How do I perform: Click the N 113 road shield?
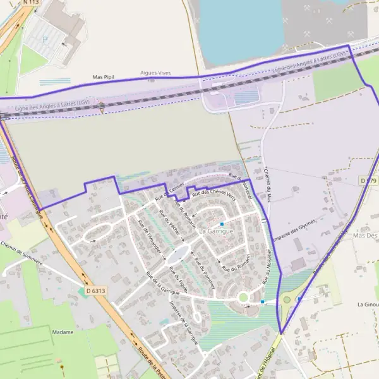click(x=30, y=3)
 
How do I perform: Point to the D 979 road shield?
click(x=368, y=181)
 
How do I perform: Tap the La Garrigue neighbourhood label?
click(x=216, y=232)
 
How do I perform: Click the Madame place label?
click(x=63, y=332)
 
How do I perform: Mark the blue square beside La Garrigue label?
click(x=222, y=224)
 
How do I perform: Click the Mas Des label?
click(x=366, y=235)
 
